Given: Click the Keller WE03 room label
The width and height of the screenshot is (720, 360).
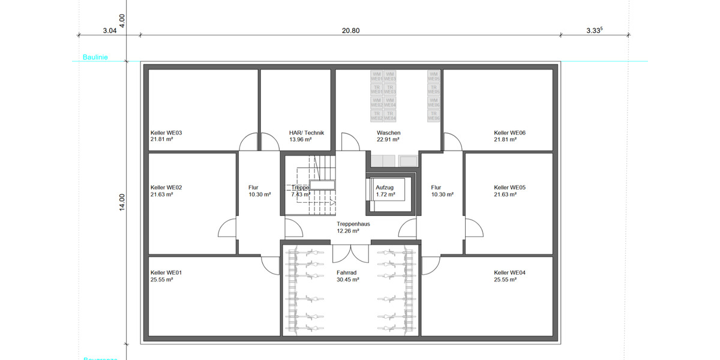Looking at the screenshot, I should pos(166,133).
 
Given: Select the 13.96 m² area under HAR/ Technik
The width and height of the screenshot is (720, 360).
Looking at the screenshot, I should pos(300,139).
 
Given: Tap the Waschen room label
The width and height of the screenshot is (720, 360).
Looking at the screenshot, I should pos(388,133).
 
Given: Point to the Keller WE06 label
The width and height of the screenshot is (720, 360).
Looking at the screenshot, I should pos(510,133).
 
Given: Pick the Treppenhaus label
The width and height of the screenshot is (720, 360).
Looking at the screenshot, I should pos(353,224).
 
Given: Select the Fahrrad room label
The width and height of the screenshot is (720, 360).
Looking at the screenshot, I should pos(348,272).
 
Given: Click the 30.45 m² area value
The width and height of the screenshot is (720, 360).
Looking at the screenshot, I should pos(348,279).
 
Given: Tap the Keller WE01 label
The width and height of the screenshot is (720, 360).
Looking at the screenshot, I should pos(166,272).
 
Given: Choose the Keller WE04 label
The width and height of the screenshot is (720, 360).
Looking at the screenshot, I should pos(510,272).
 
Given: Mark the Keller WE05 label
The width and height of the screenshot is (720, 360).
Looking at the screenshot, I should pos(510,187).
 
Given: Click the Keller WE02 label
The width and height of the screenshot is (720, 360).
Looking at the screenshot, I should pos(166,187).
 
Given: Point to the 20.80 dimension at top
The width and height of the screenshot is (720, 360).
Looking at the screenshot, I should pos(350,31).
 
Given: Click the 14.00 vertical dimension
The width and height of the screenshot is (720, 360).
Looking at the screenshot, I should pos(122,202).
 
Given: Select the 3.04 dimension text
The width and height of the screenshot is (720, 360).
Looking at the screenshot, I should pos(109,31).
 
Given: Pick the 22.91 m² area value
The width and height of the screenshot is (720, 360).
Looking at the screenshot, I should pos(388,139).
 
